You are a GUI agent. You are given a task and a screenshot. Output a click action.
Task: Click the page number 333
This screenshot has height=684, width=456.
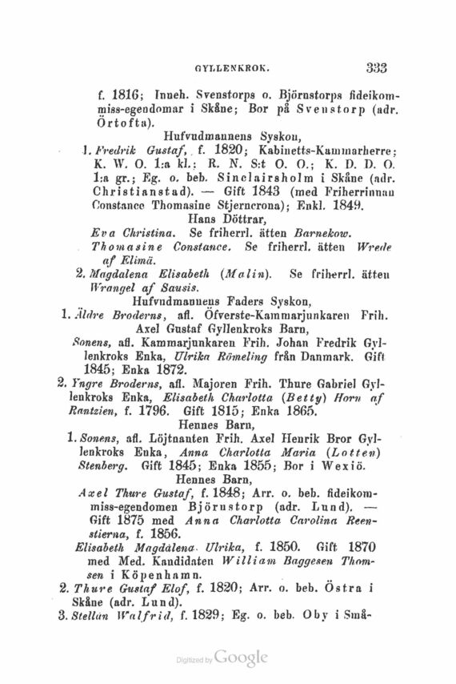tap(376, 69)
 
